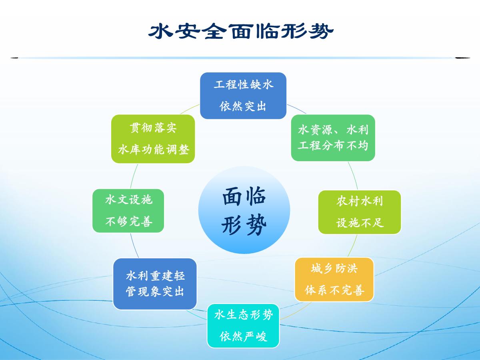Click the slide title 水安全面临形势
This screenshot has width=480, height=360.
(241, 31)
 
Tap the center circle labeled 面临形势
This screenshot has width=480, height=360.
(244, 210)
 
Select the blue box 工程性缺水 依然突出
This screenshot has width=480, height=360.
(243, 96)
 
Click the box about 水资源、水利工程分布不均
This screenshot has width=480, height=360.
(333, 138)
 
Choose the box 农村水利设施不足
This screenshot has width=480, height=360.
(360, 212)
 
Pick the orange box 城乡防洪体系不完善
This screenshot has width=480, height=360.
(334, 279)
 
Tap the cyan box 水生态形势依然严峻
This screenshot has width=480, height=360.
(243, 326)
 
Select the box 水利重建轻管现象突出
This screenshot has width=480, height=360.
(155, 284)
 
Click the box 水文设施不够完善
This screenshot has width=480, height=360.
(128, 211)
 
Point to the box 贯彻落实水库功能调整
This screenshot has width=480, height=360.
(153, 139)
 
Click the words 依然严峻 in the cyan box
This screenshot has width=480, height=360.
(243, 336)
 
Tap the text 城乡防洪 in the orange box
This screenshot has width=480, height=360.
(334, 268)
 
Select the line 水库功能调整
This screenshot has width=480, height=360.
(154, 150)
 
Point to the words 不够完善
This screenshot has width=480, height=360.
(129, 222)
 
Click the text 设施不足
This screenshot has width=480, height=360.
(360, 223)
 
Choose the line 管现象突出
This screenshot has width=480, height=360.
(155, 291)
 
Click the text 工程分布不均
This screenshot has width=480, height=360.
(333, 145)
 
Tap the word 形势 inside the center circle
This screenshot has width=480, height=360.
(244, 225)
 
